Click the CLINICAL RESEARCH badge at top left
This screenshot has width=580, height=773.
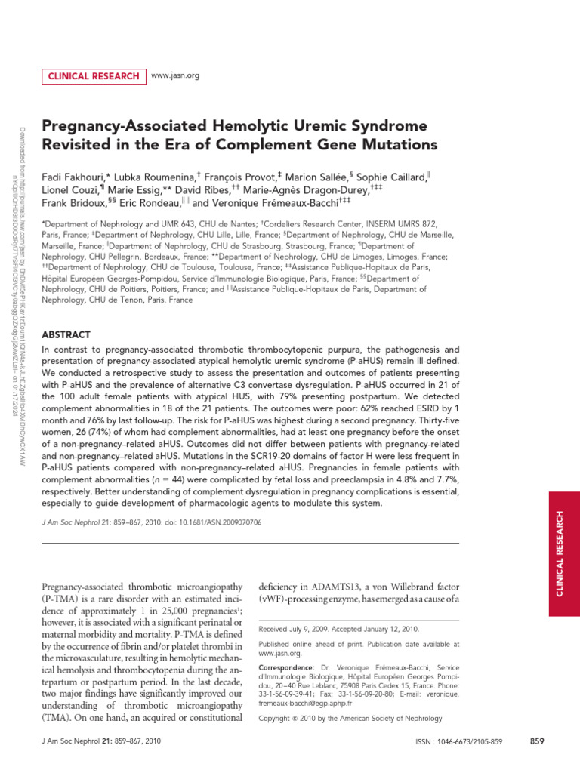coord(94,75)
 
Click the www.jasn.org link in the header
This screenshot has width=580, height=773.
coord(175,75)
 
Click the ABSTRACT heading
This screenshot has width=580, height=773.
coord(66,334)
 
